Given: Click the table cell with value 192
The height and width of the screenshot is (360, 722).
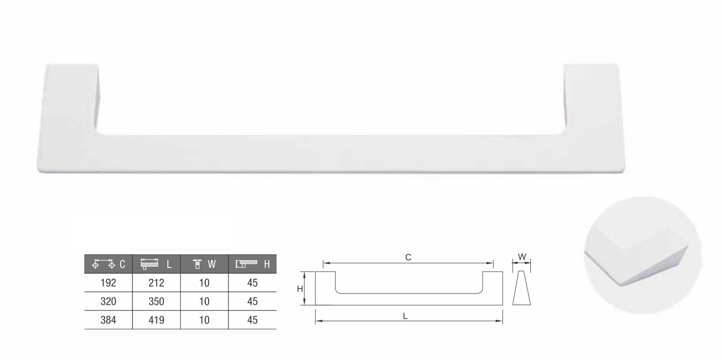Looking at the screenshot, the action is (108, 283).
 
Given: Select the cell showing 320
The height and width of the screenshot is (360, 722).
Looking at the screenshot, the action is (108, 301).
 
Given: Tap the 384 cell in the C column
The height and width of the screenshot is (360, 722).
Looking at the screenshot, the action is (108, 320).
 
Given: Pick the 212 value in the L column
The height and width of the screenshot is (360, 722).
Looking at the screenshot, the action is (156, 283).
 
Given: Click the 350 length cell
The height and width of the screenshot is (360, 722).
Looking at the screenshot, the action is (156, 301).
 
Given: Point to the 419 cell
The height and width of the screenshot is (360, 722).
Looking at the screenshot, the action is (156, 320).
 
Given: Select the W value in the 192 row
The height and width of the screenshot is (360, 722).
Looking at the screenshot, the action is (204, 283).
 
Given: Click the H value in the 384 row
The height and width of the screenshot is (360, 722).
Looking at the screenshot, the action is (252, 320).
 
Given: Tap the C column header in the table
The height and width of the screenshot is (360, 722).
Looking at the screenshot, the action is (108, 264).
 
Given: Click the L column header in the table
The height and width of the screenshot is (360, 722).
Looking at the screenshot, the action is (156, 264).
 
